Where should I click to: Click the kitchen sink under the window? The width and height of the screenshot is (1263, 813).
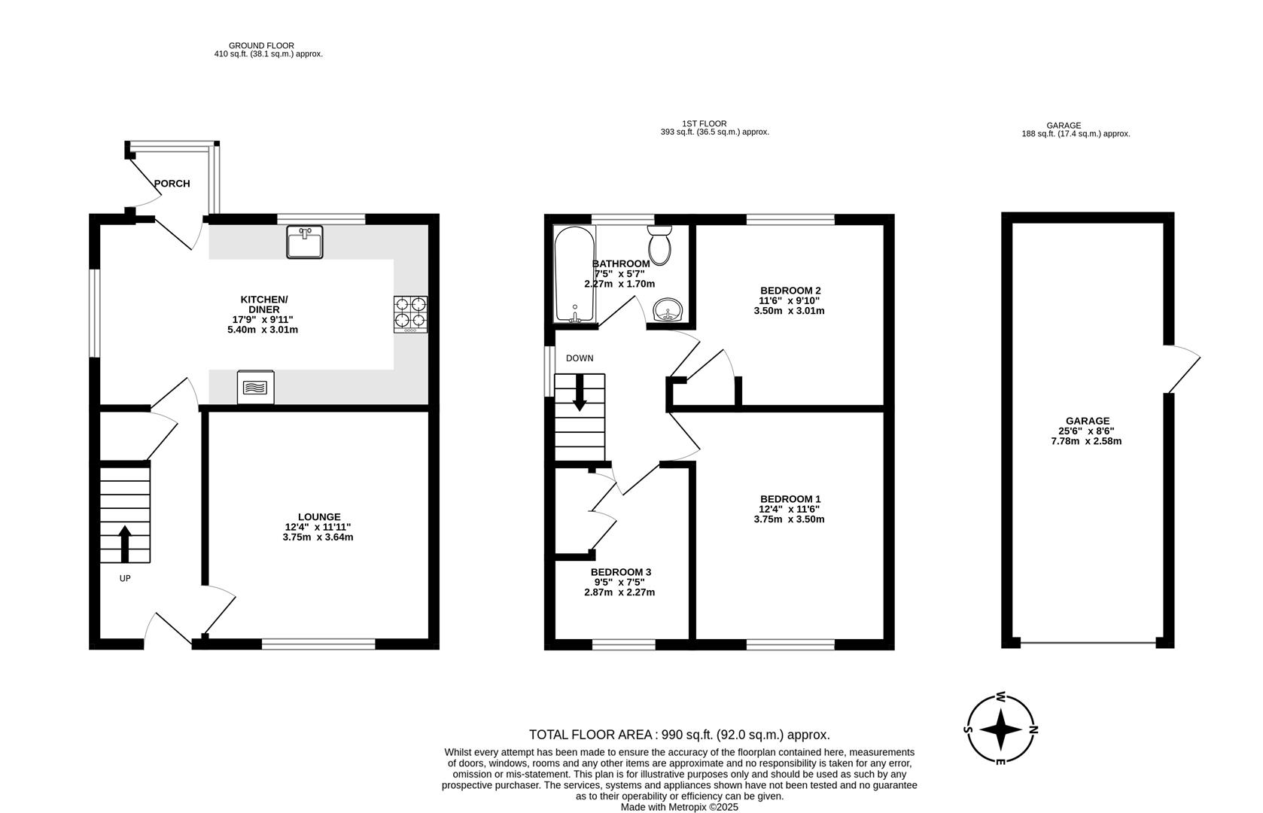pyautogui.click(x=304, y=242)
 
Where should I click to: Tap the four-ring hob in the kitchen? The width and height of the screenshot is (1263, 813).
pyautogui.click(x=410, y=314)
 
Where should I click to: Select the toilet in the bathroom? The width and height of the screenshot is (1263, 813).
pyautogui.click(x=660, y=245)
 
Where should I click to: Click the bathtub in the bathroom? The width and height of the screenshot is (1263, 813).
pyautogui.click(x=574, y=275)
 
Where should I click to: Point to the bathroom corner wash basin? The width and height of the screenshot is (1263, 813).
pyautogui.click(x=668, y=309)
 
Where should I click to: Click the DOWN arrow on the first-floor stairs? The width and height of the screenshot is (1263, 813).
pyautogui.click(x=580, y=393)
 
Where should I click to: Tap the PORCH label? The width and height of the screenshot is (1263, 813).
pyautogui.click(x=172, y=184)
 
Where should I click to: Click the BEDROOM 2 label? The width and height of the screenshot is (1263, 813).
pyautogui.click(x=790, y=291)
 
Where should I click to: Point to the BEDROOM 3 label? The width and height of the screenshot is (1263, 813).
pyautogui.click(x=620, y=572)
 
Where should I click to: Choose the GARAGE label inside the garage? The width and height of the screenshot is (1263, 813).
pyautogui.click(x=1087, y=422)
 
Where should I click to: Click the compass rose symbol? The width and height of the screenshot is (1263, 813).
pyautogui.click(x=1000, y=729)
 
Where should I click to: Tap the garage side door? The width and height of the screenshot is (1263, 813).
pyautogui.click(x=1181, y=370)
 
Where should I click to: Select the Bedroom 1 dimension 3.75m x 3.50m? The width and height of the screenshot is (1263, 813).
pyautogui.click(x=789, y=519)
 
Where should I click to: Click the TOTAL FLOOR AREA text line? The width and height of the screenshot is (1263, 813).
pyautogui.click(x=679, y=735)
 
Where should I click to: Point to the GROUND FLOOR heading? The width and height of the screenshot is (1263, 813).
pyautogui.click(x=261, y=46)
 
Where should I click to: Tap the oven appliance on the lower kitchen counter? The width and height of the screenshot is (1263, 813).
pyautogui.click(x=256, y=388)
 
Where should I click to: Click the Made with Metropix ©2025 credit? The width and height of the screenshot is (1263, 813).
pyautogui.click(x=679, y=807)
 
